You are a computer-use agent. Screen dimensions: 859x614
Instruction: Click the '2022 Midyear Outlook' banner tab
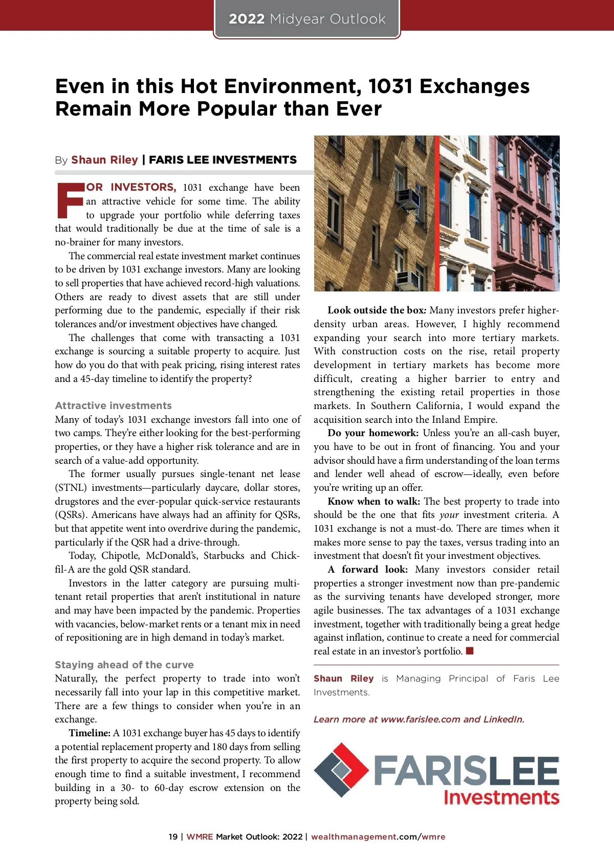point(307,19)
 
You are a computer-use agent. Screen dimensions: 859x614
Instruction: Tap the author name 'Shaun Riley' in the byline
point(104,160)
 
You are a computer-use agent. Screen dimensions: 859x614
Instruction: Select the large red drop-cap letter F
point(69,200)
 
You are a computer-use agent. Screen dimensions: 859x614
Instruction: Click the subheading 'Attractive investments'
point(113,405)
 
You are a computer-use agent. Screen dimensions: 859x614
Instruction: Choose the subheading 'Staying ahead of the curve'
point(124,665)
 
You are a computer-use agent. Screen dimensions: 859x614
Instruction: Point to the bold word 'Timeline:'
point(90,733)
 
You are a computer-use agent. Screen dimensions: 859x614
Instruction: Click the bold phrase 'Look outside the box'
point(376,310)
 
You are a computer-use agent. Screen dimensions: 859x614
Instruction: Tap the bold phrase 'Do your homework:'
point(373,433)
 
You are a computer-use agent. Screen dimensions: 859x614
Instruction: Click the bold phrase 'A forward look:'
point(368,570)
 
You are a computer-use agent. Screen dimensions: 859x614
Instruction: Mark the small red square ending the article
point(470,651)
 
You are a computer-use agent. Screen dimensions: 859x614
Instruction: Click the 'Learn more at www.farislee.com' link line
point(419,719)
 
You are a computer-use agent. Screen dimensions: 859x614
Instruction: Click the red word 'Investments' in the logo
point(501,798)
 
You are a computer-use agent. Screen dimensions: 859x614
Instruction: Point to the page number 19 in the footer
point(173,837)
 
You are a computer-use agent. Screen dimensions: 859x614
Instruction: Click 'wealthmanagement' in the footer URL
point(354,837)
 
